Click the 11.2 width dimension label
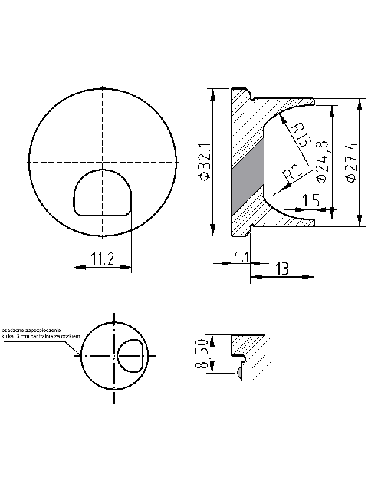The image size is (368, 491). pos(100,259)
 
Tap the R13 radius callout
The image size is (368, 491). pos(298,135)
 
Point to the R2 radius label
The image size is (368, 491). pos(289,176)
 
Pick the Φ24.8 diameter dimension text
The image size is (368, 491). pos(322,161)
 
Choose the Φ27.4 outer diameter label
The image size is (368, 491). pos(352,161)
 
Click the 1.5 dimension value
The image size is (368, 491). pos(310,201)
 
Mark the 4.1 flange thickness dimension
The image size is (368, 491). pos(240,257)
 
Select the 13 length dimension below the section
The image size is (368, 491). pos(281,268)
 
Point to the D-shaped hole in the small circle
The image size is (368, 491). pos(130,356)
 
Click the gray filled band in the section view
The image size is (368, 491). pos(247,177)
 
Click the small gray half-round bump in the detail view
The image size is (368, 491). pos(241,372)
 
